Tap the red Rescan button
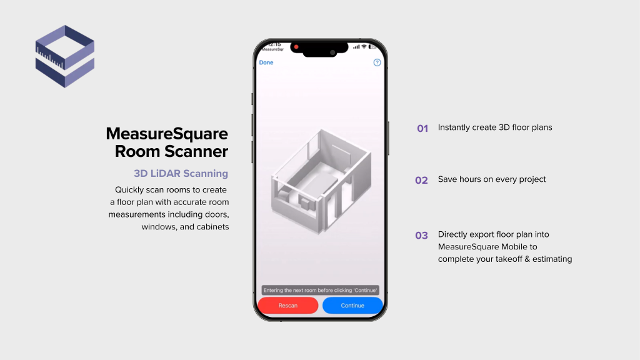(288, 306)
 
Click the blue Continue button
(352, 306)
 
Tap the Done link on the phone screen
(266, 62)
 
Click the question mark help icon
(377, 62)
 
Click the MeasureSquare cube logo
(65, 56)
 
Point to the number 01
(422, 128)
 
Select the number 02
(422, 180)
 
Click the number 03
(422, 236)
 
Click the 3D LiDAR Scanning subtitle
(181, 174)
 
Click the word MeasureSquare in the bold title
(167, 133)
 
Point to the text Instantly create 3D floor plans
(495, 127)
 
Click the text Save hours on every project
(492, 179)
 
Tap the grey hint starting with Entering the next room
(321, 290)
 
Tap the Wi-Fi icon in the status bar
(364, 47)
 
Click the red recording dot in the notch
(296, 47)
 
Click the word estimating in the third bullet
(551, 259)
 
